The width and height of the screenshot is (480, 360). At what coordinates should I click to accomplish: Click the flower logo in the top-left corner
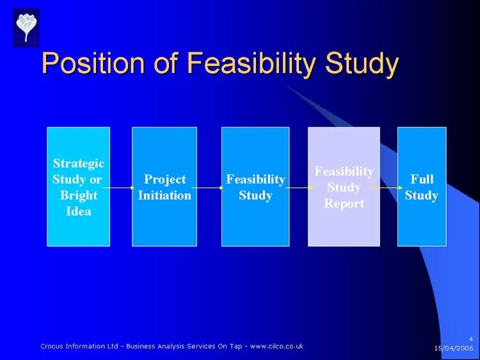pyautogui.click(x=26, y=27)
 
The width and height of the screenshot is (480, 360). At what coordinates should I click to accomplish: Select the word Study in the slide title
pyautogui.click(x=362, y=65)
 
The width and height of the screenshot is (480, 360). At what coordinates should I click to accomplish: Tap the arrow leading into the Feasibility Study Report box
pyautogui.click(x=297, y=188)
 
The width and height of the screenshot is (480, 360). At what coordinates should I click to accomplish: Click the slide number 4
pyautogui.click(x=470, y=338)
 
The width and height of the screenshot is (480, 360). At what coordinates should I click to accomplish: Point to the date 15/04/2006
pyautogui.click(x=453, y=348)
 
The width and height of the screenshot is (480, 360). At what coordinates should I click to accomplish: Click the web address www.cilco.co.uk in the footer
pyautogui.click(x=276, y=346)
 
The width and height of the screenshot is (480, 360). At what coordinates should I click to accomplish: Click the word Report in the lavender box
pyautogui.click(x=344, y=203)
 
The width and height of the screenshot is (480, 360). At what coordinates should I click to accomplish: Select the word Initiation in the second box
pyautogui.click(x=164, y=195)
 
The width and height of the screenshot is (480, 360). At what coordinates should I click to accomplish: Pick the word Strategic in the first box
pyautogui.click(x=78, y=164)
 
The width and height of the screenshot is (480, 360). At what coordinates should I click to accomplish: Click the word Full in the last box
pyautogui.click(x=422, y=179)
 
